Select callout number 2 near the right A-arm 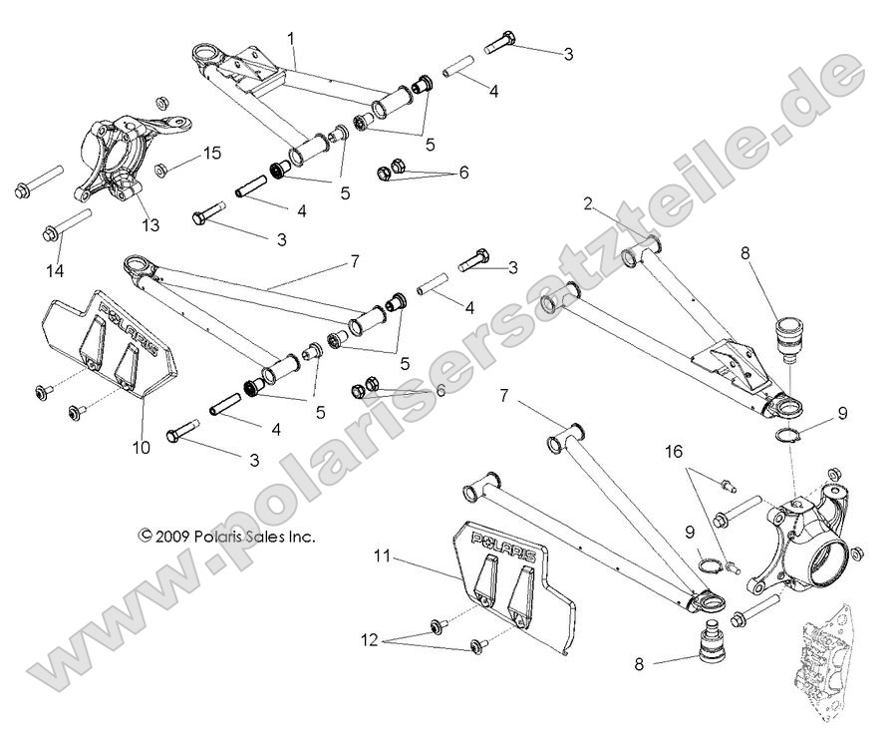coord(589,203)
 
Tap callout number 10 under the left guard coord(142,448)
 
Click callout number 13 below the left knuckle coord(149,225)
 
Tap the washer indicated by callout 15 coord(164,164)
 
